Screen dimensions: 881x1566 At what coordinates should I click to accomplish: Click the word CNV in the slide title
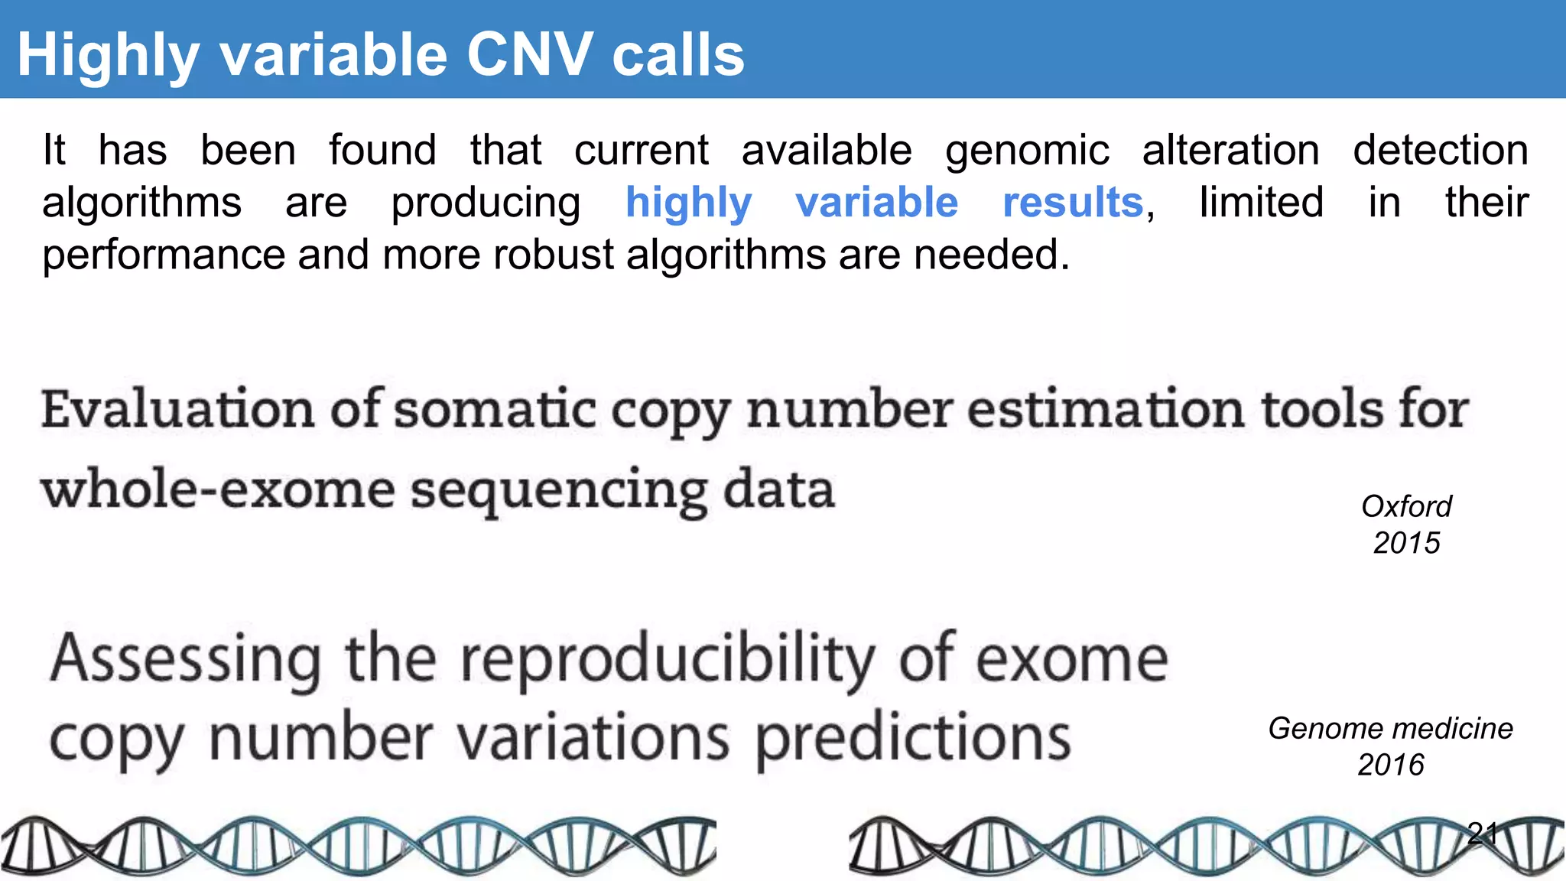(529, 55)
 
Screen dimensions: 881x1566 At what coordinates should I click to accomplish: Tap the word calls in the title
(677, 55)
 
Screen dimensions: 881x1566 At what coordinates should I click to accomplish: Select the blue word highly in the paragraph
(688, 203)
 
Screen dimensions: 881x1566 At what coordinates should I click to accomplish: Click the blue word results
(1073, 203)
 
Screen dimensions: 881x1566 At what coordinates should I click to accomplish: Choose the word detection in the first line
(1441, 150)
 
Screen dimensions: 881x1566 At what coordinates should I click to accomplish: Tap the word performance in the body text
(164, 255)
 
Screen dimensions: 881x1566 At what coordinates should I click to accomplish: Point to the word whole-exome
(218, 489)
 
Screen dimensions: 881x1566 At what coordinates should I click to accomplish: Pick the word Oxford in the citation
(1406, 506)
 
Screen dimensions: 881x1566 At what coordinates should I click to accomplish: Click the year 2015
(1406, 543)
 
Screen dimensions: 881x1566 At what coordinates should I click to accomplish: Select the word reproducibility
(668, 659)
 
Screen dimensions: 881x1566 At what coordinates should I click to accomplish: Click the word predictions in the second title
(913, 739)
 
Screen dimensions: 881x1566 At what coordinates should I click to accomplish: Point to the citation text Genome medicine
(1390, 728)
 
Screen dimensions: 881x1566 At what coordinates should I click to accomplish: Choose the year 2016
(1390, 765)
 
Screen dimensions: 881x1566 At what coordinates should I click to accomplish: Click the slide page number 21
(1483, 833)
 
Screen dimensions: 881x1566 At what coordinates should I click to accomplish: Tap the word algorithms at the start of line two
(141, 203)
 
